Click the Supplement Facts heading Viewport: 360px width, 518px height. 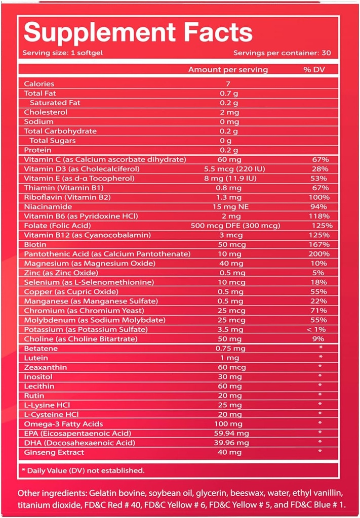coord(138,32)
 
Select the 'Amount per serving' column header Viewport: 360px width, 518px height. coord(228,70)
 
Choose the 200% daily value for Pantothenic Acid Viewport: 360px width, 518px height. coord(321,254)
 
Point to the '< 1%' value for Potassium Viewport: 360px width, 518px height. coord(321,329)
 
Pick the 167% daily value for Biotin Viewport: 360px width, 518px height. coord(321,244)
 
